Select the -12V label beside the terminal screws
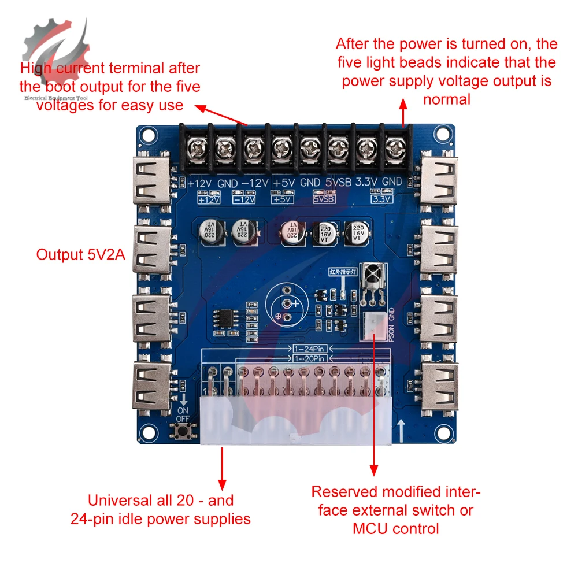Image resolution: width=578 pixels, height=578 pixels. (x=255, y=183)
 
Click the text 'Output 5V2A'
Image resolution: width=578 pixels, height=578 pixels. (x=80, y=255)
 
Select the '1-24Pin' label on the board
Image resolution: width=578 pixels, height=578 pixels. (x=312, y=349)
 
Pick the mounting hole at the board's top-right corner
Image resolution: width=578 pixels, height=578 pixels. (x=440, y=134)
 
